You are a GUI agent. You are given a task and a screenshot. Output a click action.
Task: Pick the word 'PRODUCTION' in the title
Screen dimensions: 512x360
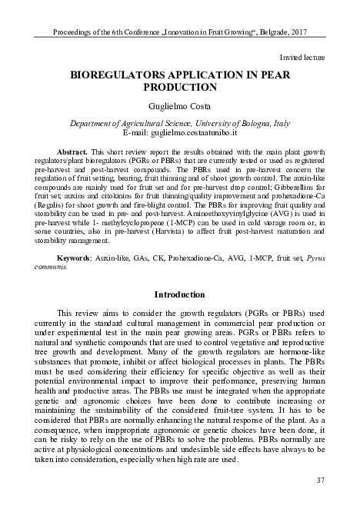point(181,88)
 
